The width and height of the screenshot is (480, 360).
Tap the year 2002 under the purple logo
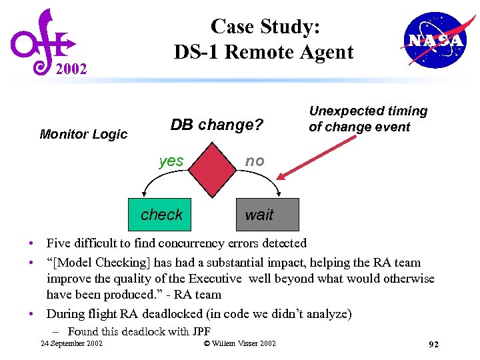coord(71,69)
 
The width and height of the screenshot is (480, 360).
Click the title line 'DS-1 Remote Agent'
coord(263,51)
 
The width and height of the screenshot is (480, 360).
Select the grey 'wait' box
coord(267,214)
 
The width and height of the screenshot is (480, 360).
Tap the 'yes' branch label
coord(171,161)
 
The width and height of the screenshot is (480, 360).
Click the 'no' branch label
coord(255,161)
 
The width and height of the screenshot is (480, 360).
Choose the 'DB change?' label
coord(217,125)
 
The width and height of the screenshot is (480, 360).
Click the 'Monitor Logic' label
coord(83,134)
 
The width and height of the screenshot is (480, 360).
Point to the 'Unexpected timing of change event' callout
coord(367,119)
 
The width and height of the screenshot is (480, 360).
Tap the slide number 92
coord(433,345)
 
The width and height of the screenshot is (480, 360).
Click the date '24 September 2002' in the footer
coord(71,343)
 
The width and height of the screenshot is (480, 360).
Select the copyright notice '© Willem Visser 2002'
coord(239,343)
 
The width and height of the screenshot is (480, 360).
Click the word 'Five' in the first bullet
coord(58,243)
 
